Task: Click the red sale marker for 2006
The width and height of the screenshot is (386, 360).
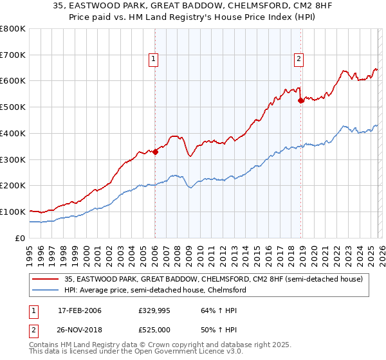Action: pyautogui.click(x=155, y=152)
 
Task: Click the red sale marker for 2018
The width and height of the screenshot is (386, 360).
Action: pyautogui.click(x=300, y=100)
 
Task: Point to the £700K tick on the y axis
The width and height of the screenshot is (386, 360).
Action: pyautogui.click(x=13, y=55)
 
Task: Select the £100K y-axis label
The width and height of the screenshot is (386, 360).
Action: pyautogui.click(x=13, y=212)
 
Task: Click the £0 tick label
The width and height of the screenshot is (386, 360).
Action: pyautogui.click(x=20, y=238)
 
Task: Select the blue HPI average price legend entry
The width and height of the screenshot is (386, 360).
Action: pyautogui.click(x=155, y=290)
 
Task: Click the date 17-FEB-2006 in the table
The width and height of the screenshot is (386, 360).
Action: pyautogui.click(x=79, y=310)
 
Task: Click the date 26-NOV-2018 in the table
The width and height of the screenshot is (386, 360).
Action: pyautogui.click(x=80, y=329)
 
